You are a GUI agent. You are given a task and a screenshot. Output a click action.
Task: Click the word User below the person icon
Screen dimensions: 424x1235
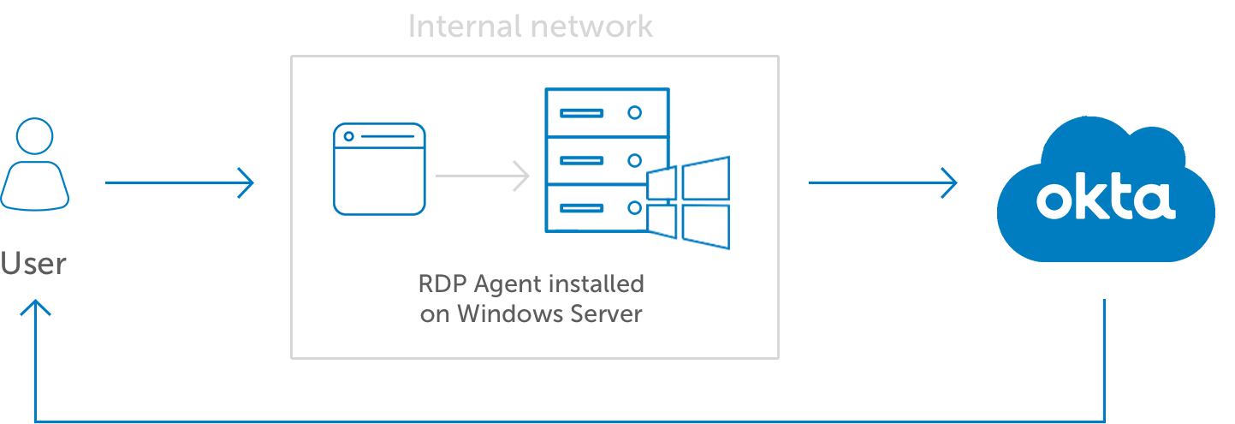point(33,263)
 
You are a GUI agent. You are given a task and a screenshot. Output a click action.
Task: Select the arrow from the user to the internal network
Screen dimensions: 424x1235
point(180,182)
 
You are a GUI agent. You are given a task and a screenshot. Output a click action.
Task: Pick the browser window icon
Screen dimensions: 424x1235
point(379,169)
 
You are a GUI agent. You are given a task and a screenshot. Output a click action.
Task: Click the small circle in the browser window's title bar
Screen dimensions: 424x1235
point(348,136)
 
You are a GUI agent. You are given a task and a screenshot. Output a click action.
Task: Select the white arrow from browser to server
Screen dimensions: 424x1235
point(482,176)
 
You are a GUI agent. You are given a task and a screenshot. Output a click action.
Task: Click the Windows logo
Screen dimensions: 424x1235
point(688,203)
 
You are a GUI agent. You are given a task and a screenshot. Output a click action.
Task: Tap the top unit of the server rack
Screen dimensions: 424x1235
point(607,112)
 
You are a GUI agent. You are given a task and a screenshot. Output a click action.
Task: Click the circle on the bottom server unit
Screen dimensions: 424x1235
point(634,207)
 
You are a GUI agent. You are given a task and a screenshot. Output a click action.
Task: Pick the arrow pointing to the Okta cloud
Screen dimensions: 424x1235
point(882,182)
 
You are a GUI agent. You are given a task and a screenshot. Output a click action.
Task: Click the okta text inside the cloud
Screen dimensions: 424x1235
point(1105,200)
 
